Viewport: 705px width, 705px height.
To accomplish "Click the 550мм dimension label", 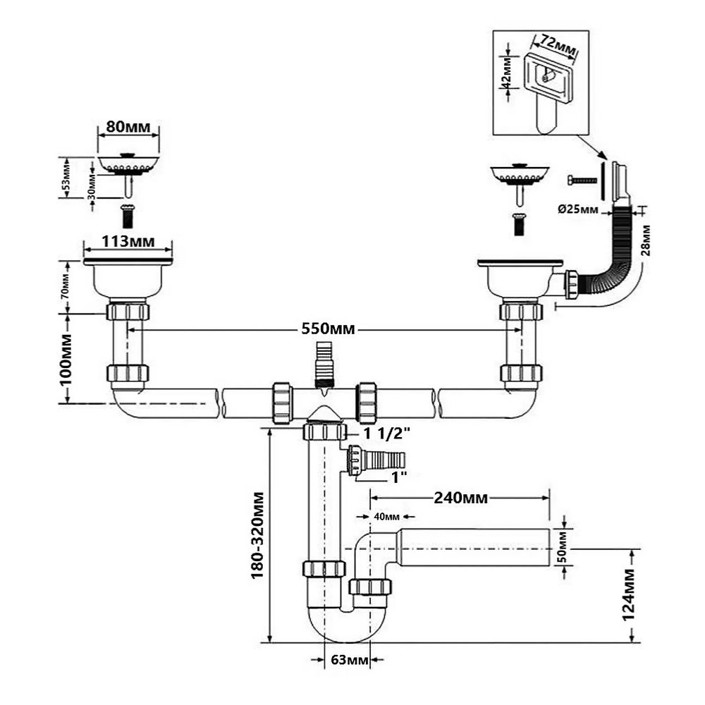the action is click(x=328, y=329).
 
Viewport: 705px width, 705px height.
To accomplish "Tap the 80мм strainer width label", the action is click(x=128, y=126).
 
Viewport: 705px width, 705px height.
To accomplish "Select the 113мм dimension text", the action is click(x=128, y=241).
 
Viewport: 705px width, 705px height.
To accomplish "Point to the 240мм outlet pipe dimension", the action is click(x=460, y=498).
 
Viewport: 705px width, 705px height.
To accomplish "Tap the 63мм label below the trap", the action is click(x=350, y=660).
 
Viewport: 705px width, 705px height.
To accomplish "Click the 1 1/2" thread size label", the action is click(x=387, y=434).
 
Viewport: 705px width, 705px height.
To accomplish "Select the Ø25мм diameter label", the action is click(x=578, y=209).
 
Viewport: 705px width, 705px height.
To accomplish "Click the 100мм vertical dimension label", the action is click(x=66, y=359).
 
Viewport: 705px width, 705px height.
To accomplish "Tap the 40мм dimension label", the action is click(x=386, y=517).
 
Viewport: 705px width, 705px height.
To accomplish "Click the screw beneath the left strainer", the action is click(x=128, y=216).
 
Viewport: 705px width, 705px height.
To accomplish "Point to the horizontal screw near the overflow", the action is click(x=582, y=180).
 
